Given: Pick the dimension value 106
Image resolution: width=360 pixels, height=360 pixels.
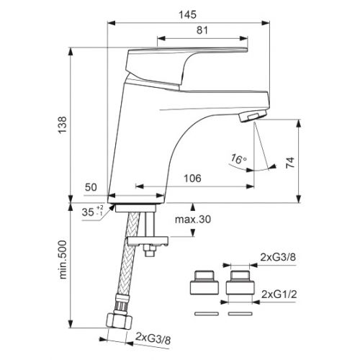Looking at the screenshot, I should point(191,179).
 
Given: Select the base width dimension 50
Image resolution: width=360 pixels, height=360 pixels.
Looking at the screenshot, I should point(91,186).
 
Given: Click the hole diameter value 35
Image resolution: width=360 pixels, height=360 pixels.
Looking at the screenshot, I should point(88,213).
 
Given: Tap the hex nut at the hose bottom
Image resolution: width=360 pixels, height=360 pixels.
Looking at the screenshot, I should point(116,320).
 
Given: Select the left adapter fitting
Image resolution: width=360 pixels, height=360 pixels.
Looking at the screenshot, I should point(205,284).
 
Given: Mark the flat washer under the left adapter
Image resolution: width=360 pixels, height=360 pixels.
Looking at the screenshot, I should point(205,314).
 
